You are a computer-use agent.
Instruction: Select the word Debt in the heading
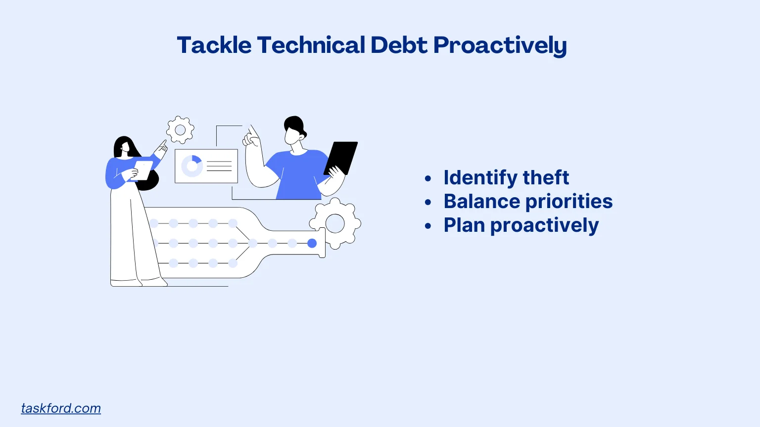[399, 45]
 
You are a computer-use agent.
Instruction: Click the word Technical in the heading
[311, 45]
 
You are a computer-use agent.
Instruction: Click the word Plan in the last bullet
[464, 225]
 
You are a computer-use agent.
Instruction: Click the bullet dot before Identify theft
[428, 178]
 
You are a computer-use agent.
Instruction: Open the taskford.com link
[61, 408]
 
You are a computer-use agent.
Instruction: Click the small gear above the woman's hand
[180, 130]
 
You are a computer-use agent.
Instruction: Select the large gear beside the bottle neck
[335, 223]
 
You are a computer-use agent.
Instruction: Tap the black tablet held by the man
[341, 157]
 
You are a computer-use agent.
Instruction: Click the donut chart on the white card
[192, 166]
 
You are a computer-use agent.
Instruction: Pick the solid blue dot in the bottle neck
[312, 243]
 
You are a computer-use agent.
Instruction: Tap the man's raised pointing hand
[251, 137]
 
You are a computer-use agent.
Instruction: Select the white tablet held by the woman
[143, 170]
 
